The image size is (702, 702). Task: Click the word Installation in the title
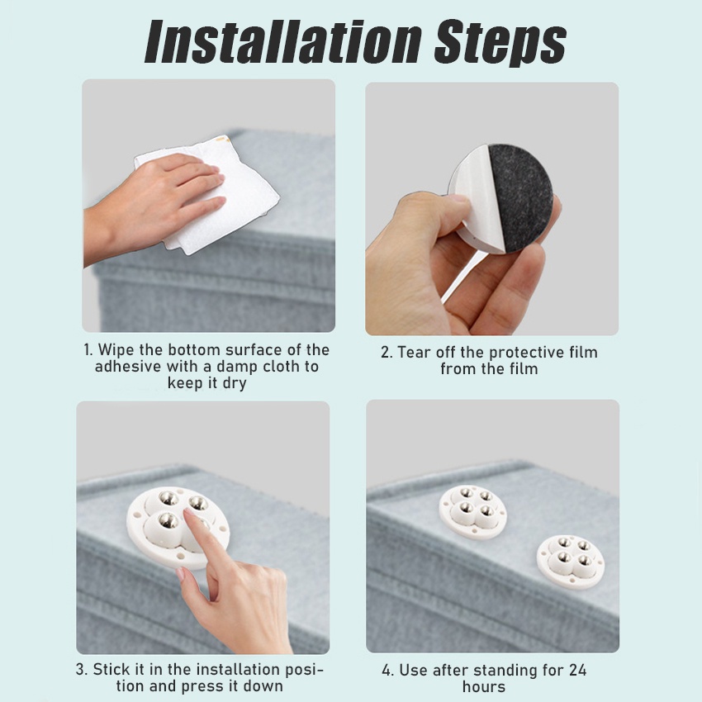284,41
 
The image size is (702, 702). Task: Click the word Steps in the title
500,43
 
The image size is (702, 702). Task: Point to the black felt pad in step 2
522,197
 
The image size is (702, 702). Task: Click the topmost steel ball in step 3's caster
169,498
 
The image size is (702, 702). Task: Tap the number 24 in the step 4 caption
577,671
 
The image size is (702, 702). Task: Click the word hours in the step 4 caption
484,687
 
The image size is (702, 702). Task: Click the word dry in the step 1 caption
235,384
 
